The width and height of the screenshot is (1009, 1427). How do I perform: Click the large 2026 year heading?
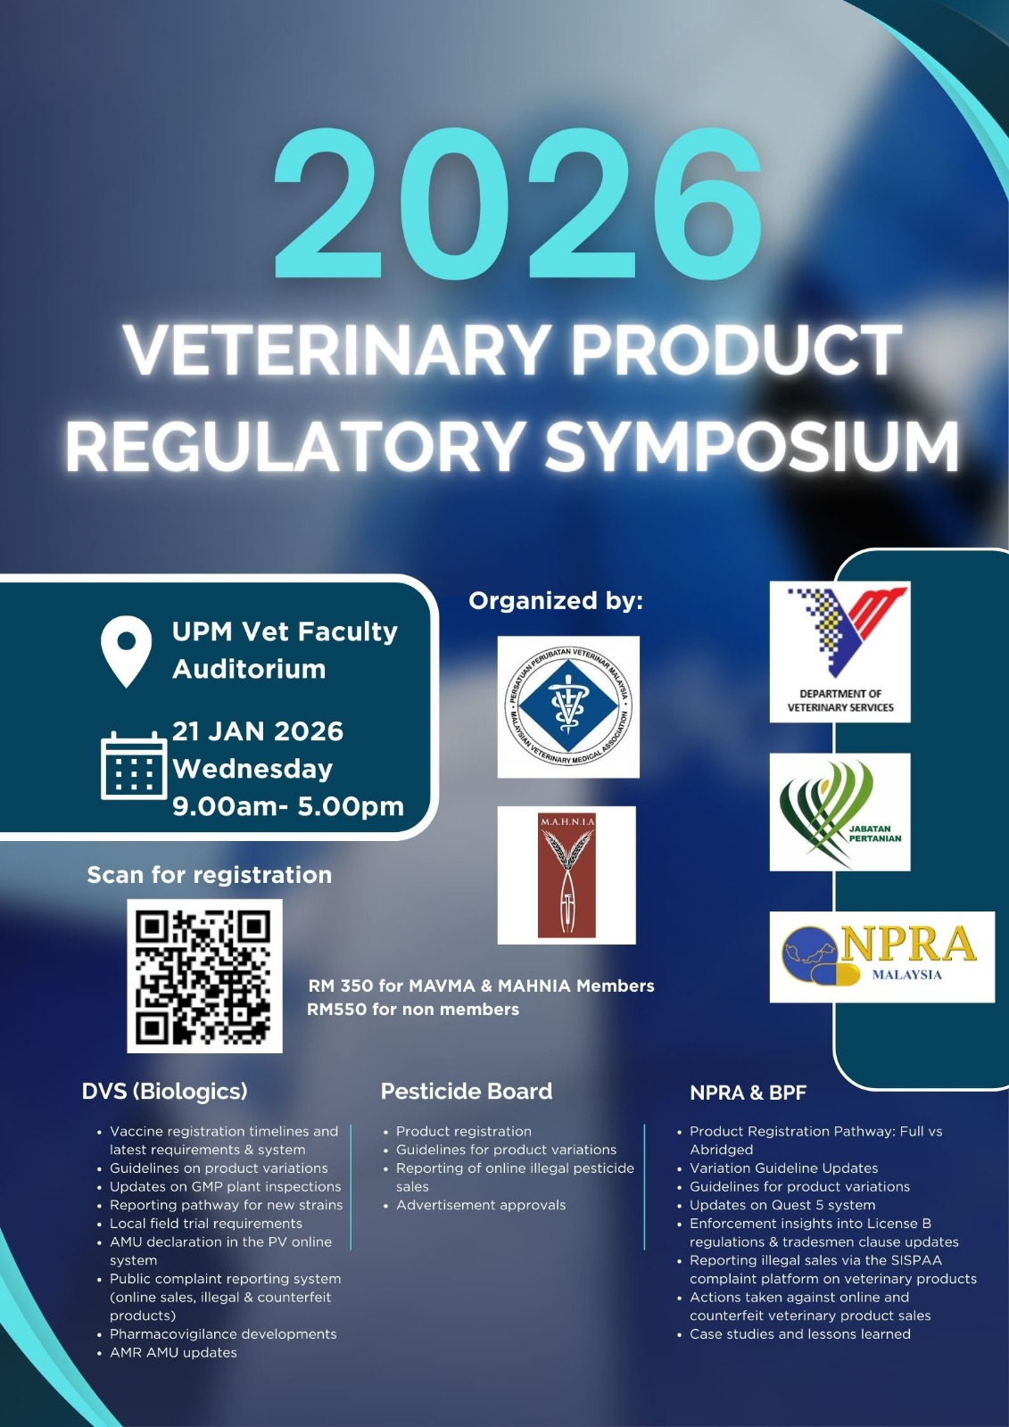coord(517,206)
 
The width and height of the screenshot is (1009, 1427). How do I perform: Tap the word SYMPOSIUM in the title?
coord(751,445)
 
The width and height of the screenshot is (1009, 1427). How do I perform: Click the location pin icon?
coord(127,651)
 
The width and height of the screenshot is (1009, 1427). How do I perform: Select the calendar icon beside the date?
coord(134,765)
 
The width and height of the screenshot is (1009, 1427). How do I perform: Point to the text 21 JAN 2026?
coord(258,731)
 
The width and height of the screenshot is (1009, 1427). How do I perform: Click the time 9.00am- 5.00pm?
coord(287,806)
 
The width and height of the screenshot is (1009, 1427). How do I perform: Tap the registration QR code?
coord(204,976)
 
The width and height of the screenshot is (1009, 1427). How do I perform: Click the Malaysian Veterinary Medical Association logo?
coord(568,706)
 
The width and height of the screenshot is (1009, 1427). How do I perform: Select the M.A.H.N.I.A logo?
coord(567,875)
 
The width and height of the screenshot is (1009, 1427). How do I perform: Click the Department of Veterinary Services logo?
coord(839,651)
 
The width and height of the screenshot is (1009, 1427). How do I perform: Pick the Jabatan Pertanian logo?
coord(839,812)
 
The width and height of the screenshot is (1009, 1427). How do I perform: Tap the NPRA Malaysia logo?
coord(881,956)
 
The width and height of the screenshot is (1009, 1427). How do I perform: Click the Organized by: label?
coord(556,601)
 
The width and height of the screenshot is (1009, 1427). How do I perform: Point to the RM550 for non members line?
coord(413,1010)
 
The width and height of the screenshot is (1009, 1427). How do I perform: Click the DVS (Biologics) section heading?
coord(165,1091)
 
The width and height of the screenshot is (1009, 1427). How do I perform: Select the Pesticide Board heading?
coord(467,1091)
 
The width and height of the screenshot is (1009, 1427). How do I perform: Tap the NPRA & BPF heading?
coord(748,1093)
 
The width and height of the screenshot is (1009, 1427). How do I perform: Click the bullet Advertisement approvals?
coord(481,1205)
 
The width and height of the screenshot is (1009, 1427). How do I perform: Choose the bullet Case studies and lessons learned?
coord(799,1334)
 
